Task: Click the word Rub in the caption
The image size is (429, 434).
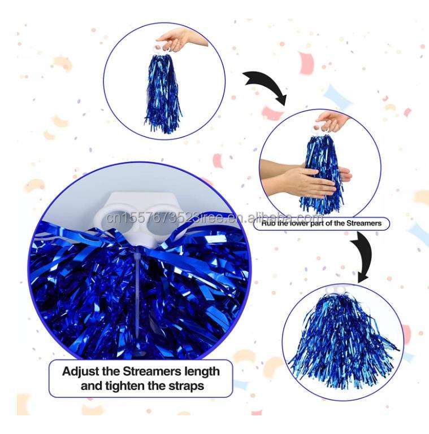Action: click(268, 223)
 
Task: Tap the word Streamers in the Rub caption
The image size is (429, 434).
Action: click(362, 223)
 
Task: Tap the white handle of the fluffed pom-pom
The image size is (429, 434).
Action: click(338, 290)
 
